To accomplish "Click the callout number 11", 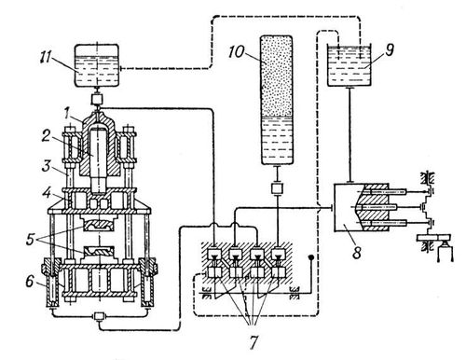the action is point(47,59).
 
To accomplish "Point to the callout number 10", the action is point(237,52).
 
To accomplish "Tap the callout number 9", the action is point(390,49).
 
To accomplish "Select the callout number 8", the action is point(357,252).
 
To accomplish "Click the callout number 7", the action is point(254,342).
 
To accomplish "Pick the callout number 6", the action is point(29,282).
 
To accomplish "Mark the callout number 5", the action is point(30,240).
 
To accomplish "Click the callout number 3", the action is point(46,166).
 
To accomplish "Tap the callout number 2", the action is point(47,136).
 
